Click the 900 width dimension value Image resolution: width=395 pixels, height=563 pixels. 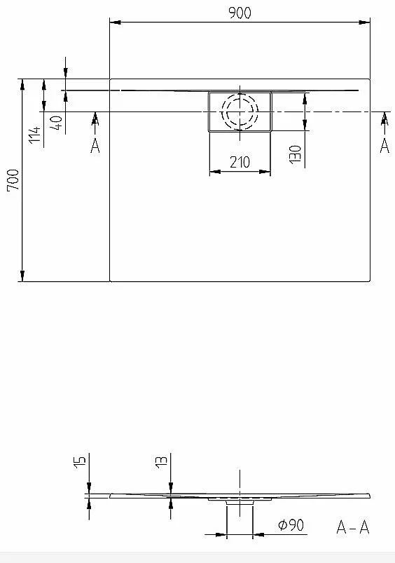point(240,13)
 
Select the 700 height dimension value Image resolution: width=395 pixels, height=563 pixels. point(13,180)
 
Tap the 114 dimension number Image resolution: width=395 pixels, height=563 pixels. point(34,135)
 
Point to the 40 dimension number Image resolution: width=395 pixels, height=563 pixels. point(57,123)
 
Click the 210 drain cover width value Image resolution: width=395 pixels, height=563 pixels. point(240,162)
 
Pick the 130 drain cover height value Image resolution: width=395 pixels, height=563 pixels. point(296,154)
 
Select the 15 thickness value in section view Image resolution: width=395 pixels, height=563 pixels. point(80,463)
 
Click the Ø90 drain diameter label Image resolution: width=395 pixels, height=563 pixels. point(291,525)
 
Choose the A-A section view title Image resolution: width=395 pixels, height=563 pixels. point(353,527)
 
